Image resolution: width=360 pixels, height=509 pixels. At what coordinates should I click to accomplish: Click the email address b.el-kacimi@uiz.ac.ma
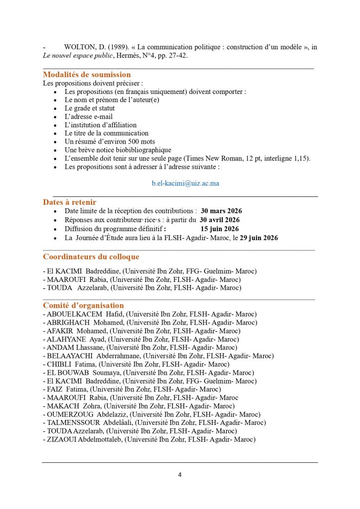(185, 183)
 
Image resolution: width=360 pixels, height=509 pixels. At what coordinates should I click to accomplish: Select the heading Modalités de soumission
(87, 75)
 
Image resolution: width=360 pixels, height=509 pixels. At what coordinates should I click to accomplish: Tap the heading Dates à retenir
(70, 202)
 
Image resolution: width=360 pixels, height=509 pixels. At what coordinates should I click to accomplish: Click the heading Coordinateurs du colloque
(91, 257)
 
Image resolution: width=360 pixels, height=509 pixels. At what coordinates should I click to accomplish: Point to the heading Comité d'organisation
(83, 305)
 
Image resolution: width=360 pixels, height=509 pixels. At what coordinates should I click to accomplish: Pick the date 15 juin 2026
(220, 229)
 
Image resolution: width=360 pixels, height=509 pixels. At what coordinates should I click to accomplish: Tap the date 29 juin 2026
(259, 238)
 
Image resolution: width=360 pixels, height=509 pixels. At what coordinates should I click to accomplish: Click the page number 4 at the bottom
(180, 475)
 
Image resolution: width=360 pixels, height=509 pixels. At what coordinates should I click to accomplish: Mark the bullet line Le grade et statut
(90, 108)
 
